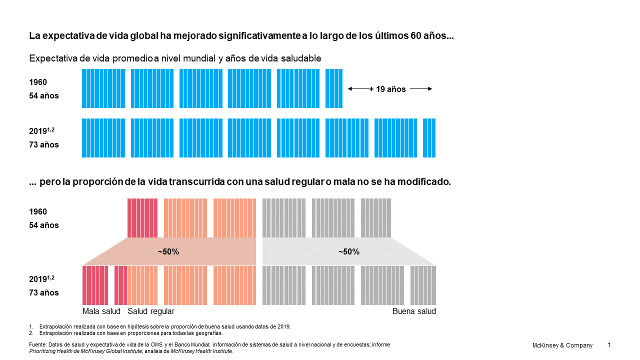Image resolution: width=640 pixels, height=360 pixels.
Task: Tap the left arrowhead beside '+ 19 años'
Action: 350,89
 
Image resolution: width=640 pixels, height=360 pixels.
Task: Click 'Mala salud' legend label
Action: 101,311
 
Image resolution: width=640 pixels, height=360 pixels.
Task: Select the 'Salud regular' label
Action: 151,311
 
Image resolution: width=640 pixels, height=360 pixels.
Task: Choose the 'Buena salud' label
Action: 414,311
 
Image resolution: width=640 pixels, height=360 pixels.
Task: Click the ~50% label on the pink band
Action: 168,252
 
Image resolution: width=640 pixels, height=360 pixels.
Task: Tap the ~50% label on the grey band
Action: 348,252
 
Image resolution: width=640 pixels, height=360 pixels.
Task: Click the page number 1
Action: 609,345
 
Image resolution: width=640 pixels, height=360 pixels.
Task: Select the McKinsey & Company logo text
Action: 562,345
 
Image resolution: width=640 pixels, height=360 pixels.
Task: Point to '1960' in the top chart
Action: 38,82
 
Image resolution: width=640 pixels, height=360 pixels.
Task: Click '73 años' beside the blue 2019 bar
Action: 44,145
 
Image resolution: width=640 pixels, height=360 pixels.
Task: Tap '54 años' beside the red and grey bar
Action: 44,225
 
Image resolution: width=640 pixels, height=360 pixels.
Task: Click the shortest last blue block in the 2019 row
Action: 429,138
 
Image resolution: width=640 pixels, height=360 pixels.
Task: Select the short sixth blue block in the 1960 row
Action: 334,88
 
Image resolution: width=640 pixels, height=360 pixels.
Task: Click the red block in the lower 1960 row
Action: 142,218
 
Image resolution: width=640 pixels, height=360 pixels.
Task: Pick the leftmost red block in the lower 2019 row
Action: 95,285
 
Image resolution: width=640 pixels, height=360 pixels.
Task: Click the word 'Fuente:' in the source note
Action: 38,345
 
